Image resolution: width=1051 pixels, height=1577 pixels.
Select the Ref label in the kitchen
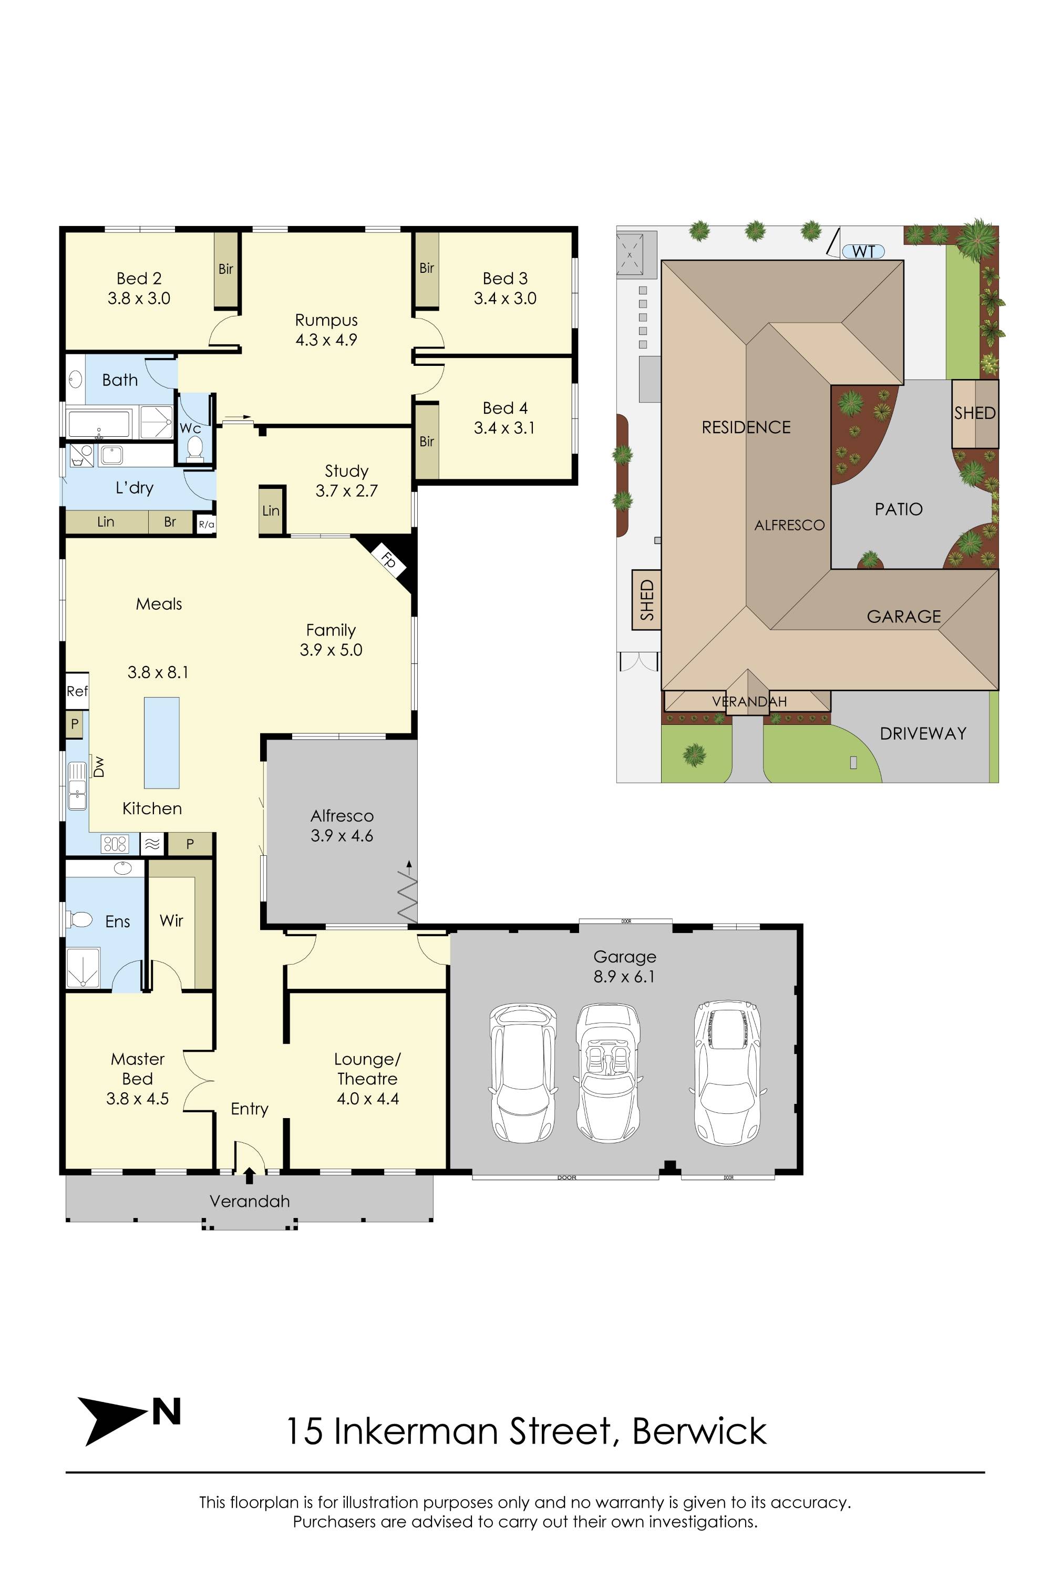[76, 691]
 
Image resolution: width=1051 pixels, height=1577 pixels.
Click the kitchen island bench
[161, 742]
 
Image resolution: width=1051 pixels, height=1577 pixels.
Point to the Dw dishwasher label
[99, 766]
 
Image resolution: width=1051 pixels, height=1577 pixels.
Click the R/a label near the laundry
[207, 524]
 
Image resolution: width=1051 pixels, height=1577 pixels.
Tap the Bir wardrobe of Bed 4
[427, 441]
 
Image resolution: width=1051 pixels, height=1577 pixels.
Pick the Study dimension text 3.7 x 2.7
[346, 491]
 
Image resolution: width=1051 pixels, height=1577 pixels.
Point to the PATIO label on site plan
[898, 509]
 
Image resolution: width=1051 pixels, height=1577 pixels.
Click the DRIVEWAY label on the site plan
[922, 733]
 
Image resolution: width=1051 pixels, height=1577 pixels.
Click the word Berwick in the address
[699, 1431]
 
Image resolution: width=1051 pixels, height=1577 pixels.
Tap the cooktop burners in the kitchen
[115, 844]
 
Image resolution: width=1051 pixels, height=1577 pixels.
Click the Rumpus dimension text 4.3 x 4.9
[326, 340]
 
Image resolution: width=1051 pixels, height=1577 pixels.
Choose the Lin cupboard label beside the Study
[271, 511]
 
